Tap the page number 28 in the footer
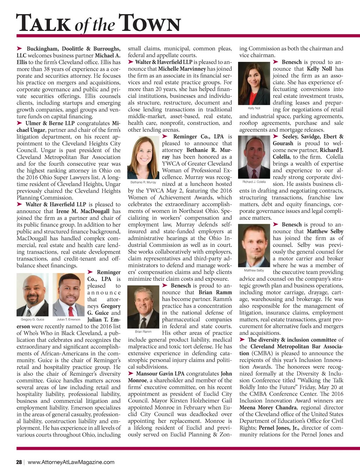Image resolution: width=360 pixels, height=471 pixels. [19, 462]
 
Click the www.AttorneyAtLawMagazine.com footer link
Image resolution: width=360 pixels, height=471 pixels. [71, 462]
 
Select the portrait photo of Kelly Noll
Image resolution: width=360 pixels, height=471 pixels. [254, 83]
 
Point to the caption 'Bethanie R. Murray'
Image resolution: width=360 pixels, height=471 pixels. [143, 182]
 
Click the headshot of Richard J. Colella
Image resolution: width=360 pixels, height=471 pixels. [254, 158]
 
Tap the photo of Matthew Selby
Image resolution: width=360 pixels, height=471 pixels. [254, 246]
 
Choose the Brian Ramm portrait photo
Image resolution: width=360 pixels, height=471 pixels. [143, 307]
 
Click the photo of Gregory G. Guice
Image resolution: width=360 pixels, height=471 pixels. [33, 295]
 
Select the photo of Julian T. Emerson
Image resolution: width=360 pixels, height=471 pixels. [69, 295]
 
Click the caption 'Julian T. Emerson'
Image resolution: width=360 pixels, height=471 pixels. [69, 319]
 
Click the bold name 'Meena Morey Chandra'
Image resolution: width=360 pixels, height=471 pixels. [268, 408]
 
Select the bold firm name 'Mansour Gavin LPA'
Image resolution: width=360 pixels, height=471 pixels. [160, 374]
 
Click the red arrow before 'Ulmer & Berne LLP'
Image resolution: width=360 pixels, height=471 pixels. [20, 123]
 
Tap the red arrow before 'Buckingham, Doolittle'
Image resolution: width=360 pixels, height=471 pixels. [20, 49]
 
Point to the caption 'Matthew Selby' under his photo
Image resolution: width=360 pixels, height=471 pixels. [254, 270]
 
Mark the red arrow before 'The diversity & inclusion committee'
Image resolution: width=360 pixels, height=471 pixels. [242, 339]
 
